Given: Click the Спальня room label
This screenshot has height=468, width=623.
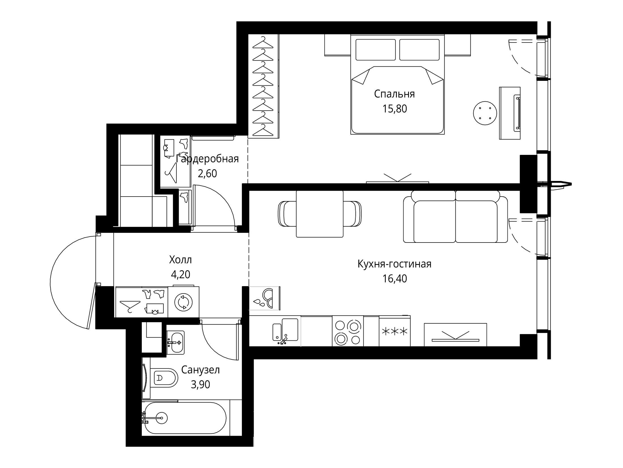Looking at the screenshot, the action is point(394,94).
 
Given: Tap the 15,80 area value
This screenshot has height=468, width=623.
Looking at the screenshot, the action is point(395,109).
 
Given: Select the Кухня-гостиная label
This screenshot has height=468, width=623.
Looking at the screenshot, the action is point(394,264).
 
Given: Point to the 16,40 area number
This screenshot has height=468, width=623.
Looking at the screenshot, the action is point(395,279).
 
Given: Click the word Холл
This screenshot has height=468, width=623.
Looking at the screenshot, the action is point(180,260).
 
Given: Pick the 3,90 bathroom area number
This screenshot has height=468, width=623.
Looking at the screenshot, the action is point(200,385).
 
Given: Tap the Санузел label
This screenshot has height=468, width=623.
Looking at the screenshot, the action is point(200,370).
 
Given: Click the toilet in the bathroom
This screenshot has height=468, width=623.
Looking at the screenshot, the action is point(163,378).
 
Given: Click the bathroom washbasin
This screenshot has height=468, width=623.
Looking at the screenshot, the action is point(175,343).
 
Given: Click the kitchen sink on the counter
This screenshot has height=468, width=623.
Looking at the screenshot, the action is point(285,331).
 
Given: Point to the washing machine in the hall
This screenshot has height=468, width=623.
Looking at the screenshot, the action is point(184,302).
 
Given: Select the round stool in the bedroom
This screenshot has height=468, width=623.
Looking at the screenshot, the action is point(485,113).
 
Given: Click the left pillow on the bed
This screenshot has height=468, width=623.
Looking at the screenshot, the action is point(375,50).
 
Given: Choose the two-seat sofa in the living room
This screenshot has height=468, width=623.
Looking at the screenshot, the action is point(456,217).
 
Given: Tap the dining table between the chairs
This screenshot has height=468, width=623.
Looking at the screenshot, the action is point(320,214).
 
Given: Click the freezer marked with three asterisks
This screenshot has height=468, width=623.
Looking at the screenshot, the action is point(395,331).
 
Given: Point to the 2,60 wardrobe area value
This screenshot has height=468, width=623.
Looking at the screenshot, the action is point(207,173).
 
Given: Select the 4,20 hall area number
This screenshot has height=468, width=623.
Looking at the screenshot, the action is point(180,274).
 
